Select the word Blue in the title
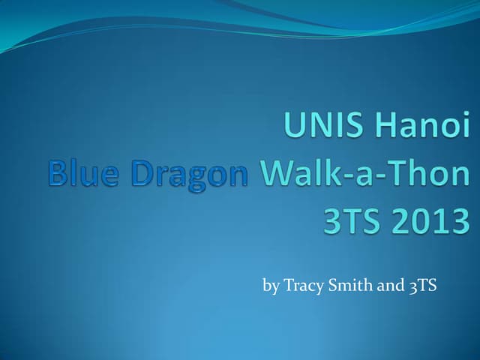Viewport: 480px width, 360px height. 82,174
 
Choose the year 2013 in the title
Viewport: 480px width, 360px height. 429,222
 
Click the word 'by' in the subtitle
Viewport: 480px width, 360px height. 271,286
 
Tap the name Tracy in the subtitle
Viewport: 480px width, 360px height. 304,286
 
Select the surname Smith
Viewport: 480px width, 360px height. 351,285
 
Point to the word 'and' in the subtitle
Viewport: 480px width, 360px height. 389,285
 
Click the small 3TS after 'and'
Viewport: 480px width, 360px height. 422,285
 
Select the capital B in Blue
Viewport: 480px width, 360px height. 59,174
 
